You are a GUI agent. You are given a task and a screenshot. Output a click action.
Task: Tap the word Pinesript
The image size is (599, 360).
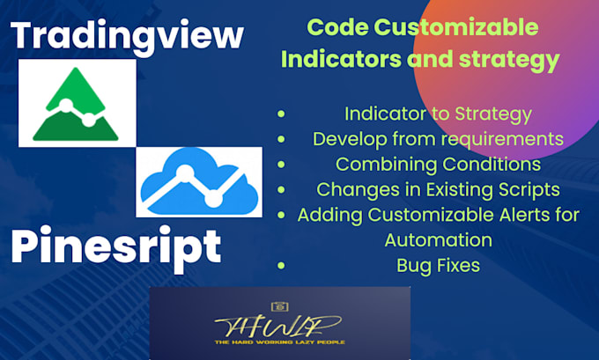coord(115,247)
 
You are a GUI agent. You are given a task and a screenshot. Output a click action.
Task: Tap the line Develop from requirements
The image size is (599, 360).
coord(438,138)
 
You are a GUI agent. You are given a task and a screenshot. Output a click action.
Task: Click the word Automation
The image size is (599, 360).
coord(438,239)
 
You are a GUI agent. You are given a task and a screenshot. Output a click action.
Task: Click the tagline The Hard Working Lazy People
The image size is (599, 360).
coord(279,342)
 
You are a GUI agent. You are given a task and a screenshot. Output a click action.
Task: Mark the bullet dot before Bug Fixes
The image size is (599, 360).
coord(281,264)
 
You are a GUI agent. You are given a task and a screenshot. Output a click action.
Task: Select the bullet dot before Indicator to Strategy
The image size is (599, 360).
coord(281,114)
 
